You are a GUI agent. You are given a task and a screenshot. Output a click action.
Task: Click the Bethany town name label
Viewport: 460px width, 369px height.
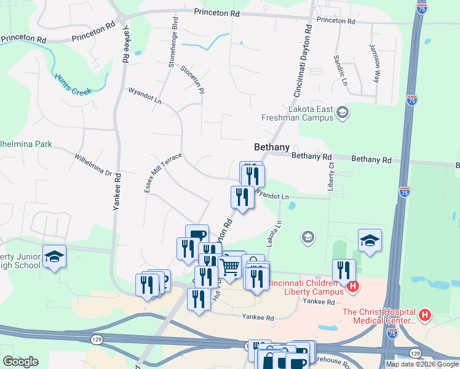[271, 147]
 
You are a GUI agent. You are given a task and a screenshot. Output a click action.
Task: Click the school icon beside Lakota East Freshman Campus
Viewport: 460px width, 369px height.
[343, 113]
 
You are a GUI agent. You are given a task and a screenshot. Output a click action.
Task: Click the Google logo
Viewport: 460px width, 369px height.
[20, 362]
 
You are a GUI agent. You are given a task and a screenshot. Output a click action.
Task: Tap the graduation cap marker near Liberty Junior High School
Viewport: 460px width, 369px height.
[54, 256]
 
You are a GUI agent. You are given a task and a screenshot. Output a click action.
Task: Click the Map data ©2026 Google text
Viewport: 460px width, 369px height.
[421, 364]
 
